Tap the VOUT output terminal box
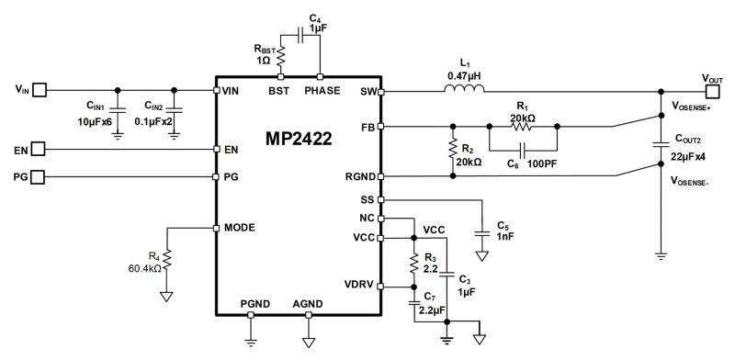point(711,91)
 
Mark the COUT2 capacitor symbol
point(660,143)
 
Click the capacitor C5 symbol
point(480,233)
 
